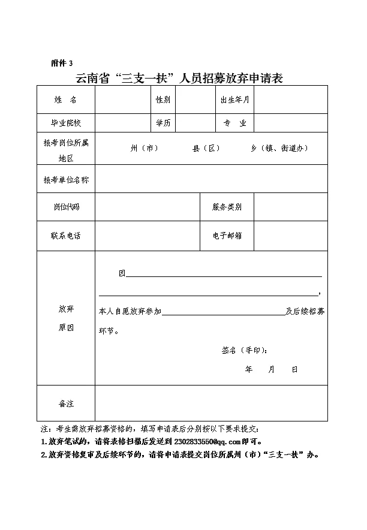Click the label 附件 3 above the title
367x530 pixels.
tap(62, 63)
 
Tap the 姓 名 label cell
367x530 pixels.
tap(65, 100)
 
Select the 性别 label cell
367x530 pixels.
tap(163, 100)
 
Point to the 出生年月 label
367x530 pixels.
tap(235, 100)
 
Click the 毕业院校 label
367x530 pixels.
tap(65, 123)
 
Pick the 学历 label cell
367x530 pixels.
tap(163, 123)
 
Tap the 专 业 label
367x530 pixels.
tap(235, 123)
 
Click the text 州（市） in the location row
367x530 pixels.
tap(145, 148)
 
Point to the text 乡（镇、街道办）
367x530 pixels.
tap(279, 148)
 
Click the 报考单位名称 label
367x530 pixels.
tap(65, 179)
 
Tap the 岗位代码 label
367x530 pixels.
tap(65, 207)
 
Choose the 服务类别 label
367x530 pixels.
tap(227, 207)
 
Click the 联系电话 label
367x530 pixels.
tap(65, 236)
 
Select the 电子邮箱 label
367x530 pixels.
tap(227, 236)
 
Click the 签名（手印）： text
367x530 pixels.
tap(245, 351)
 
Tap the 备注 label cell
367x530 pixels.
tap(65, 404)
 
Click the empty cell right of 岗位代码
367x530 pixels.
tap(147, 207)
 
